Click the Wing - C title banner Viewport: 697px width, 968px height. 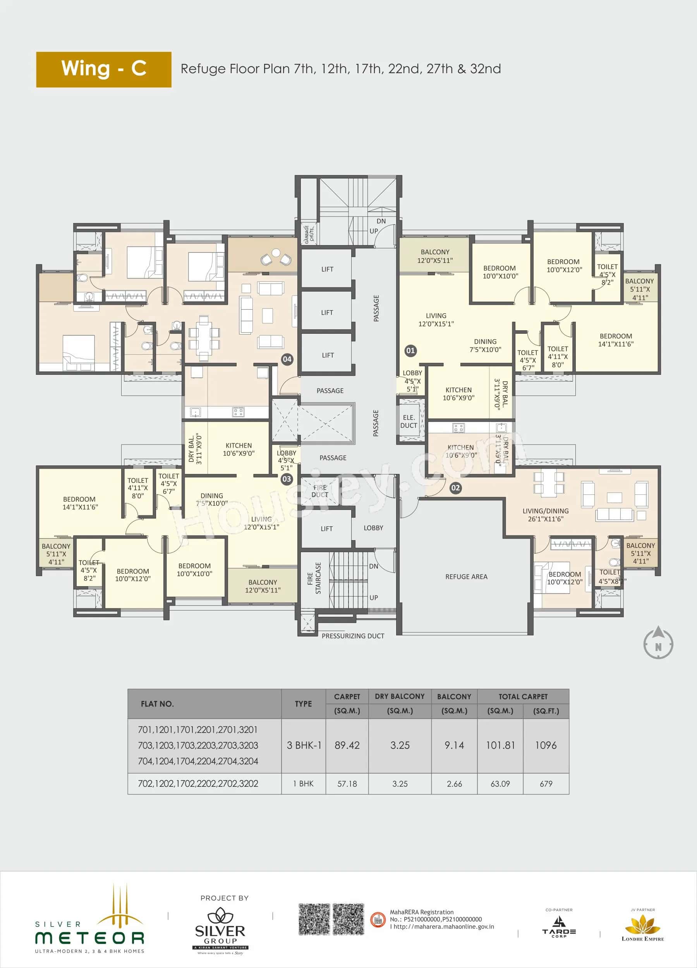(x=104, y=70)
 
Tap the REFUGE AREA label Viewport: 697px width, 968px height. (x=466, y=577)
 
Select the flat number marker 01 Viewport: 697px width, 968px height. (x=410, y=351)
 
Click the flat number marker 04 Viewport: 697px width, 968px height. (x=287, y=359)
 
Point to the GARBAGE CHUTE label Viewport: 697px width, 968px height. (x=309, y=234)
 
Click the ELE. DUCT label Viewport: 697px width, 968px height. (x=409, y=421)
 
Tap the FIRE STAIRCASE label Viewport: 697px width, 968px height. (x=314, y=578)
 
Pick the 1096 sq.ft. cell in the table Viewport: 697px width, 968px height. (x=546, y=745)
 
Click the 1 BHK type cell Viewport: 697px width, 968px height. (x=303, y=784)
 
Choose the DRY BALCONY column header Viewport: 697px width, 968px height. (x=400, y=697)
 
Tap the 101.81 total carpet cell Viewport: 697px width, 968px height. (x=500, y=745)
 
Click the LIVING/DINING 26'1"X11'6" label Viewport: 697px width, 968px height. (x=545, y=515)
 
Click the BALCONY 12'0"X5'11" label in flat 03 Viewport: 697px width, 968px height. (x=263, y=586)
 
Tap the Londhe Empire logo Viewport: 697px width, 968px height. (x=642, y=928)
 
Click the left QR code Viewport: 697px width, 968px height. (x=314, y=919)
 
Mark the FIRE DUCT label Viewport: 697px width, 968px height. (x=320, y=491)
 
